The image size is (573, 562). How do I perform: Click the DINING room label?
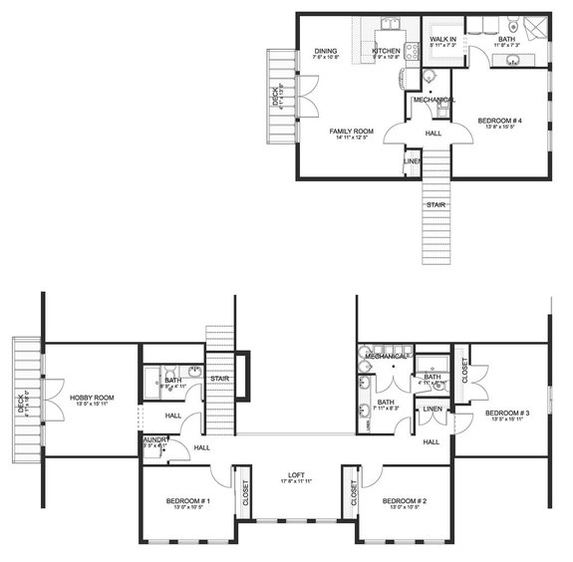coord(326,51)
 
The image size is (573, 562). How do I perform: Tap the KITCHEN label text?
coord(386,51)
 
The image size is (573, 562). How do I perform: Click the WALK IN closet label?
coord(443,39)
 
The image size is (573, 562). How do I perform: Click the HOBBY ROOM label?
coord(92,398)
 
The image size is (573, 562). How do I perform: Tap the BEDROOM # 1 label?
coord(188,500)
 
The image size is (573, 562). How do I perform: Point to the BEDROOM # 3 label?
coord(506,413)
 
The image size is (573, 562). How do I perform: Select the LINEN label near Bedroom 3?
coord(431,410)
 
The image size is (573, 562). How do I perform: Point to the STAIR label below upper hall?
coord(435,205)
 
